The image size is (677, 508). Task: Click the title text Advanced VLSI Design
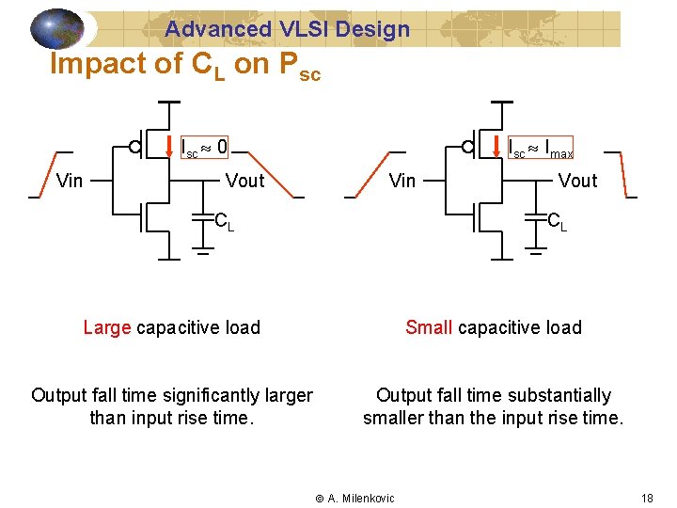point(288,29)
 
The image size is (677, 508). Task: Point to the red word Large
point(106,327)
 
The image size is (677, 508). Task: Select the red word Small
point(429,327)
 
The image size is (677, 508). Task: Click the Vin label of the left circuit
point(70,181)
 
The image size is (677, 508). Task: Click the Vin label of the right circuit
point(402,181)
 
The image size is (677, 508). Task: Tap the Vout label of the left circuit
point(245,181)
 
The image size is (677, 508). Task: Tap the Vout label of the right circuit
point(577,181)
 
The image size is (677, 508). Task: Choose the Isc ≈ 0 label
point(204,148)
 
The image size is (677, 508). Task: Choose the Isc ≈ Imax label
point(540,149)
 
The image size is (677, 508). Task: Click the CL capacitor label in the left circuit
point(224,223)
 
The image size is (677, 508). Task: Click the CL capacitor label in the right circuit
point(558,223)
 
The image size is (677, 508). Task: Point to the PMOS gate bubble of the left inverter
point(136,147)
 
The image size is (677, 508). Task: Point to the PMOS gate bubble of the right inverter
point(468,147)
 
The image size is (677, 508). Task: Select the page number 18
point(647,498)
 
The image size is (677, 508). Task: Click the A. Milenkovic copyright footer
point(354,498)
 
